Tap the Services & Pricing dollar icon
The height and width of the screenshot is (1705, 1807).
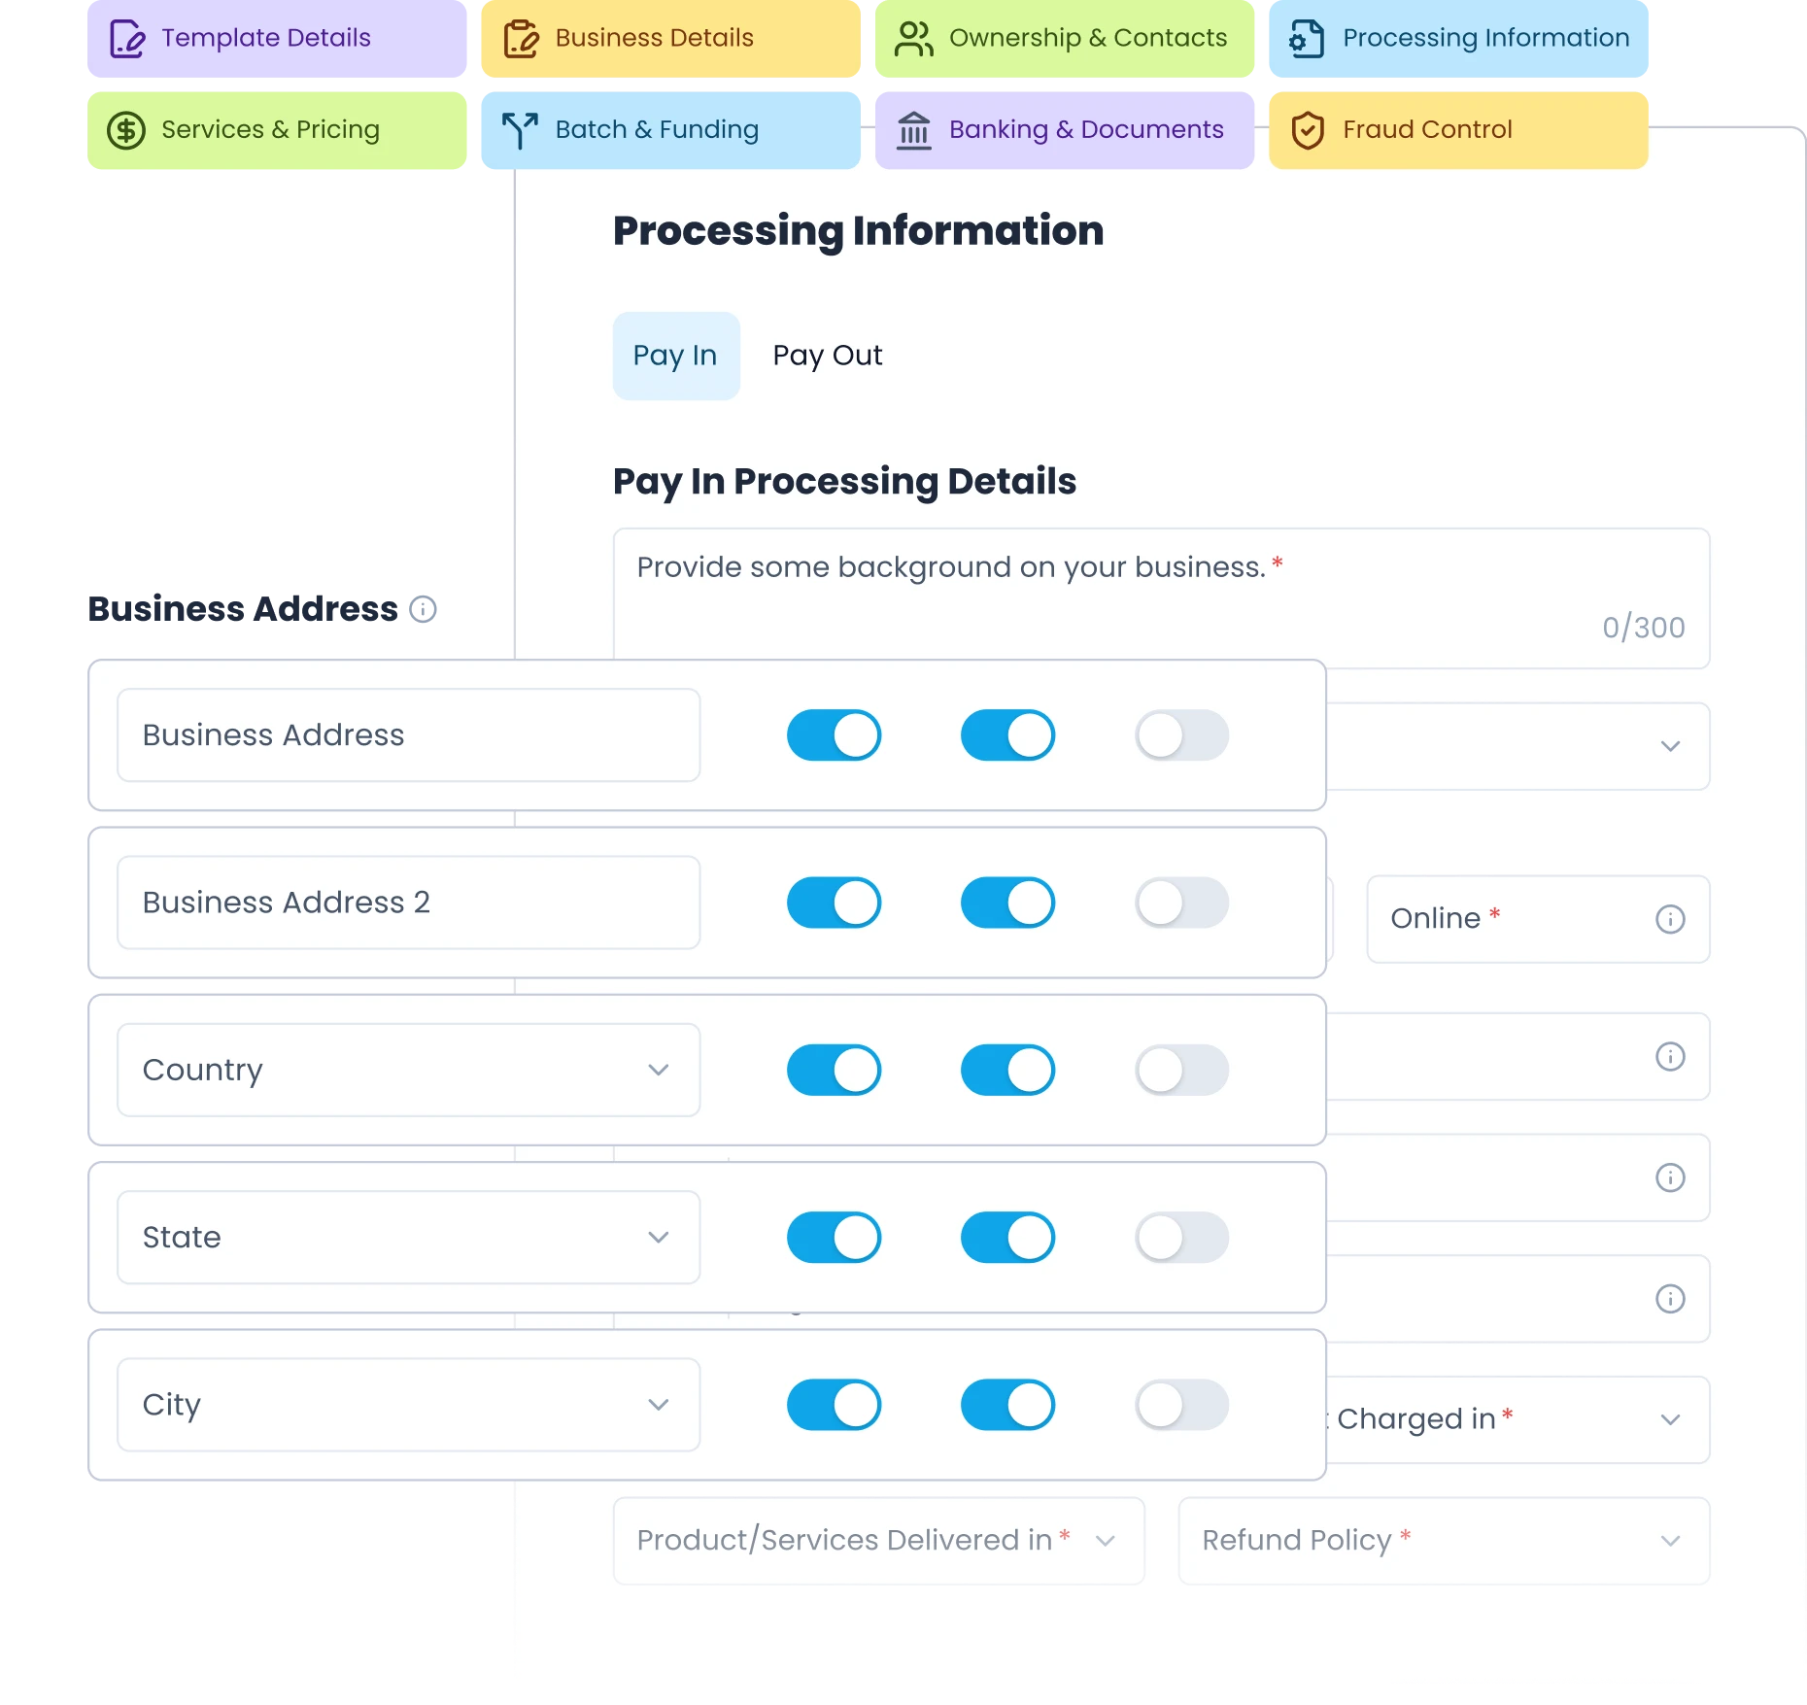[x=126, y=130]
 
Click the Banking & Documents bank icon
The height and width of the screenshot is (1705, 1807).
[x=914, y=130]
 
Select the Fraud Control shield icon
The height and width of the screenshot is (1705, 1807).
[x=1308, y=130]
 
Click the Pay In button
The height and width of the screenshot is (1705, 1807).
[x=676, y=356]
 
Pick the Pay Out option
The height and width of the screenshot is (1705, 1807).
[x=828, y=356]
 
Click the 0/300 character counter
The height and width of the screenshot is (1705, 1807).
[x=1643, y=628]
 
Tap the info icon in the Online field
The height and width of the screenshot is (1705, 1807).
[x=1670, y=919]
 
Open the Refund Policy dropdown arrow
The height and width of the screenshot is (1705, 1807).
[x=1670, y=1541]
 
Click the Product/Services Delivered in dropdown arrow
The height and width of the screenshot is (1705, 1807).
[x=1105, y=1541]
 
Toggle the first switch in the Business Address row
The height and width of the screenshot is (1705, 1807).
[x=834, y=735]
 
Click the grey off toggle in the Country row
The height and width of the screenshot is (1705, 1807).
[x=1181, y=1070]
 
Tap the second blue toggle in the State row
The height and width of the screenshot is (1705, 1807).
[x=1007, y=1238]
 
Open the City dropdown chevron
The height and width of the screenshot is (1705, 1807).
[x=659, y=1405]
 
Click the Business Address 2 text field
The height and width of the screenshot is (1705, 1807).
[x=408, y=903]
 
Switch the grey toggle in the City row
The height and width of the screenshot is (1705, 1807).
[x=1181, y=1405]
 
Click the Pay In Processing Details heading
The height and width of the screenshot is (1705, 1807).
[x=844, y=482]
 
